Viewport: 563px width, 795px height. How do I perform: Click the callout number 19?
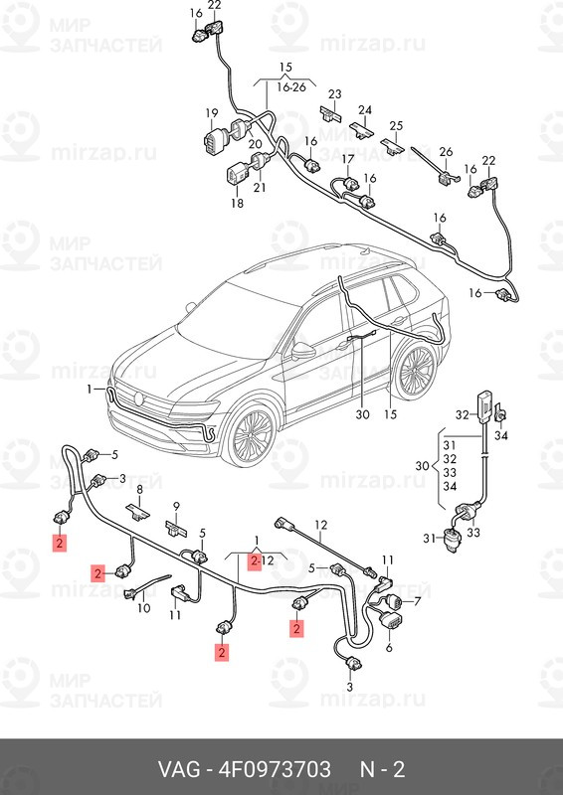tap(212, 112)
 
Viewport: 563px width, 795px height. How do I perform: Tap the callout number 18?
tap(237, 203)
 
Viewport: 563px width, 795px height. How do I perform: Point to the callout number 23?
tap(334, 94)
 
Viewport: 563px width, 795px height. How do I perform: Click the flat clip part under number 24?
tap(363, 129)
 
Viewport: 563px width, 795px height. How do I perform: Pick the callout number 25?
tap(396, 125)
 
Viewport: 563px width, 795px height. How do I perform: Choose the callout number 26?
tap(446, 152)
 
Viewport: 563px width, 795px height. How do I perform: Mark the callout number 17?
tap(348, 159)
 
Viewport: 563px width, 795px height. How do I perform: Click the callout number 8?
tap(140, 490)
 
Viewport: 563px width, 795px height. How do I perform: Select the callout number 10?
tap(143, 608)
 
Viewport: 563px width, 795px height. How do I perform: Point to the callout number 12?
tap(320, 524)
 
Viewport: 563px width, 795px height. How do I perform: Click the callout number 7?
tap(417, 601)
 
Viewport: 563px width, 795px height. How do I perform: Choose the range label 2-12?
tap(262, 560)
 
